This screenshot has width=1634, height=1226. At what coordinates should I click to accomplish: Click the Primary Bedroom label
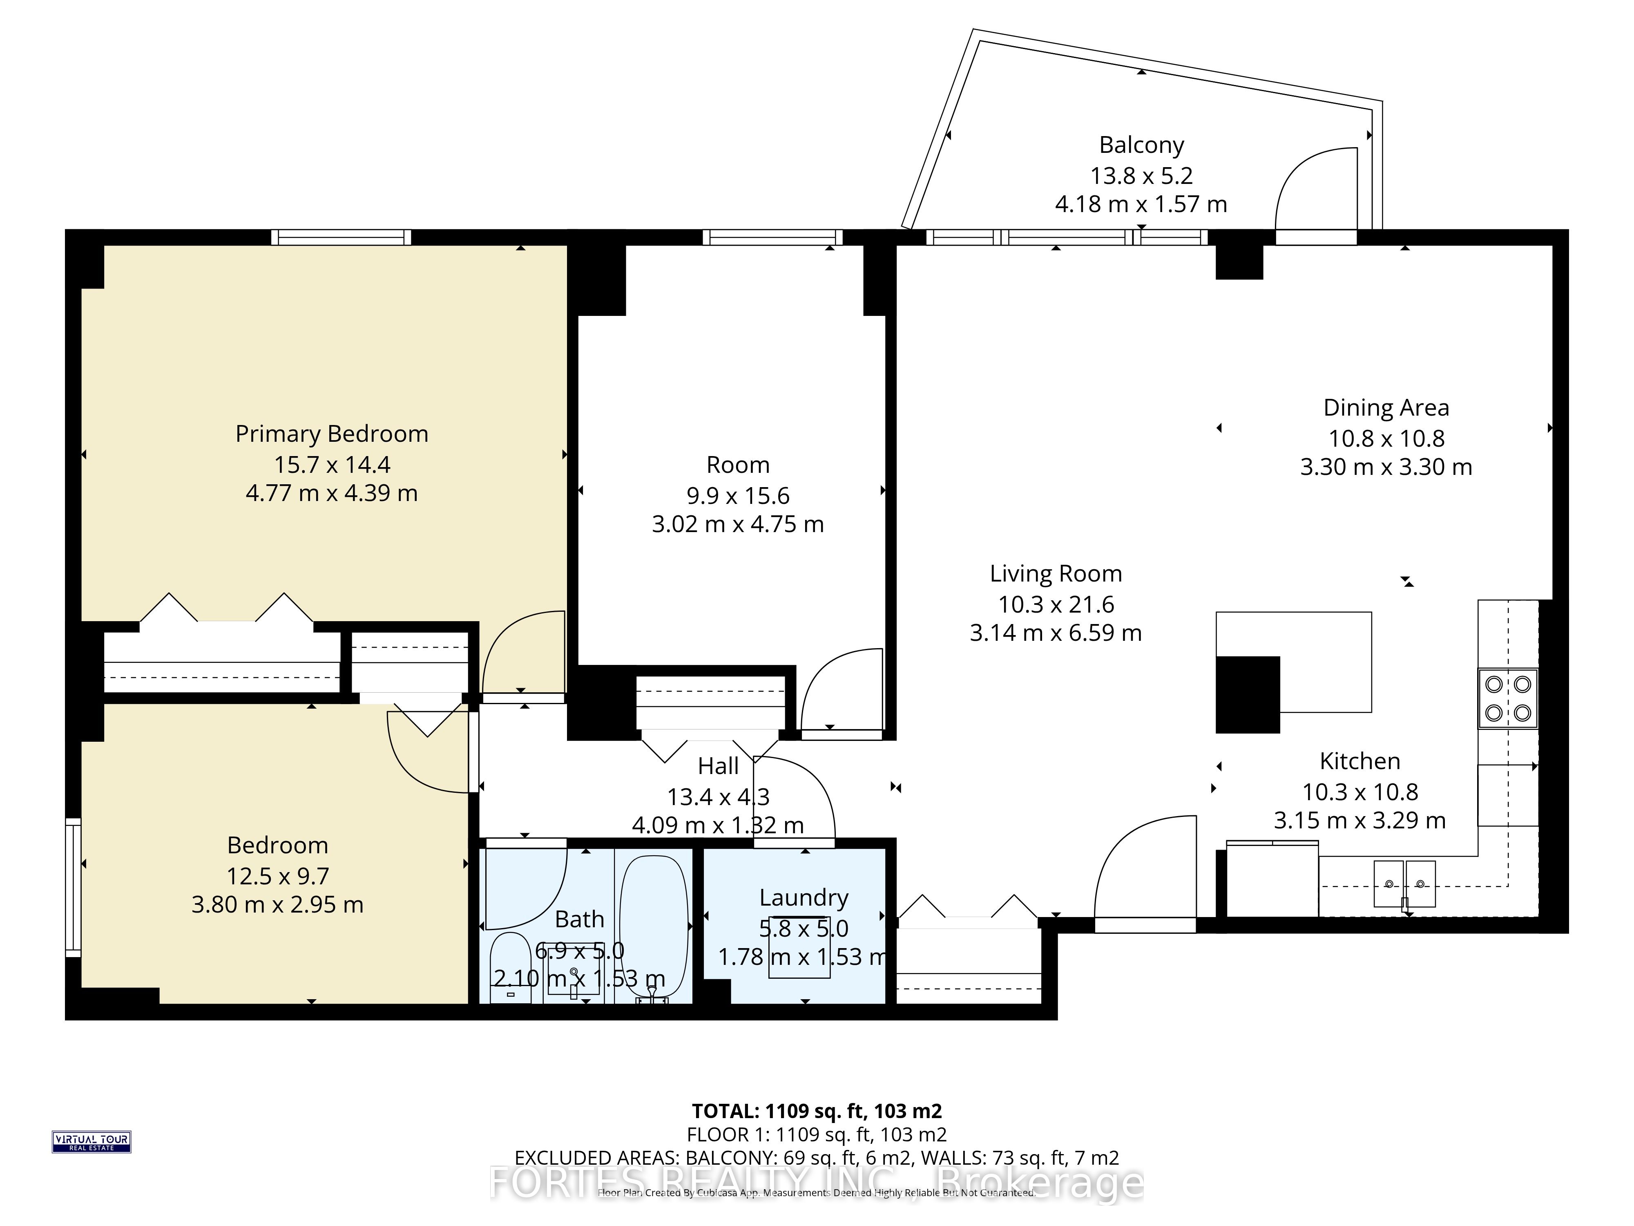click(x=332, y=434)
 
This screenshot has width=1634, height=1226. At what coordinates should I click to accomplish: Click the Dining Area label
click(x=1386, y=408)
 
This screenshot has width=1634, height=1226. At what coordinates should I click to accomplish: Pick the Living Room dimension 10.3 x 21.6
click(x=1056, y=604)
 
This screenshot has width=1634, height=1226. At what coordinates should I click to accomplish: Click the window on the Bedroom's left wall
click(x=72, y=887)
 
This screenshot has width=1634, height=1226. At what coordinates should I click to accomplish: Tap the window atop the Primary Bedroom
click(x=341, y=237)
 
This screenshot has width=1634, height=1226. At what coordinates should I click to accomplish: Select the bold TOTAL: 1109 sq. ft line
click(x=816, y=1111)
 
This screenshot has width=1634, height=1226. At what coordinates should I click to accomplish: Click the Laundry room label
click(x=804, y=898)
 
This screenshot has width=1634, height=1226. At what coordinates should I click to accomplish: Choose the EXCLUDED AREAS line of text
click(x=816, y=1157)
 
